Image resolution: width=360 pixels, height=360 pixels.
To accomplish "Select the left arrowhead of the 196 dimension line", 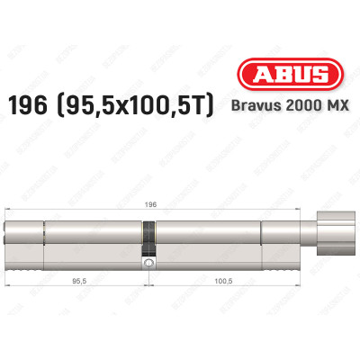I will tap(8, 211).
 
